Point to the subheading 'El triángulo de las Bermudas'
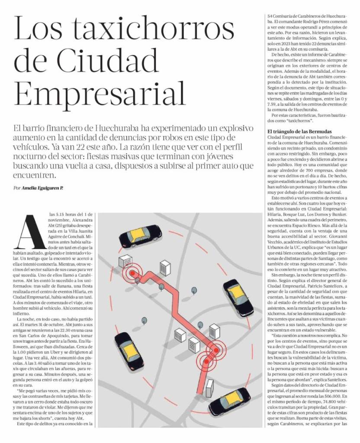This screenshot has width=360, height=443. tap(299, 131)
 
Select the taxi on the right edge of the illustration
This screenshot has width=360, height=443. tap(238, 297)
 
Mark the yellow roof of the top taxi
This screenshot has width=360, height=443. tap(139, 234)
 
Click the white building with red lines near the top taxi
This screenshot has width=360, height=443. tap(125, 261)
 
